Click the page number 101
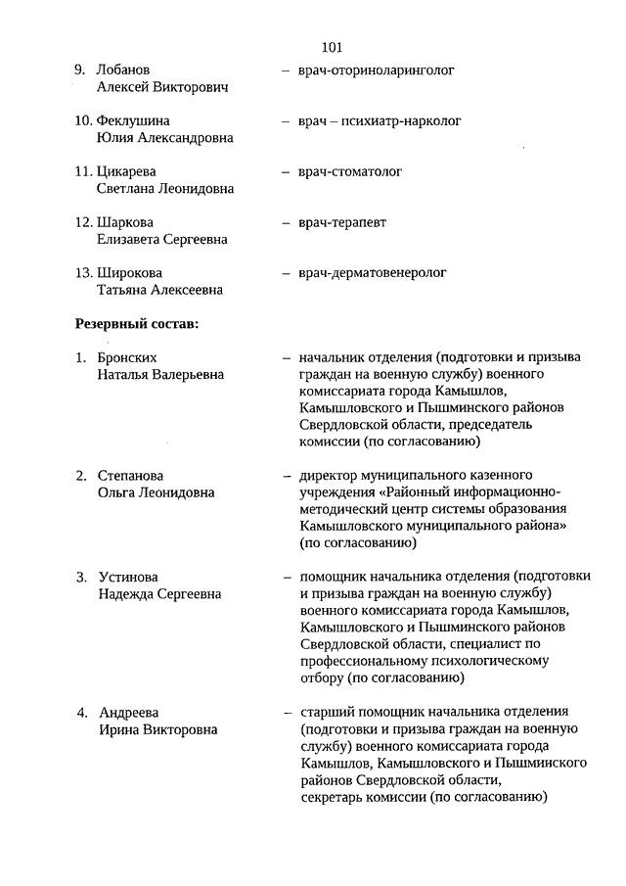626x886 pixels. (331, 46)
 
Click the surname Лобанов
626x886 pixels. (123, 70)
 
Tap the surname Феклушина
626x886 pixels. (134, 121)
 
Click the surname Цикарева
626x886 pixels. (127, 172)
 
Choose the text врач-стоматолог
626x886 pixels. (350, 172)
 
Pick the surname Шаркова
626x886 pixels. (125, 223)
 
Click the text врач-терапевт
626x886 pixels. (342, 223)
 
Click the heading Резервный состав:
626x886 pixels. (137, 324)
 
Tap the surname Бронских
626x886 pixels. (127, 358)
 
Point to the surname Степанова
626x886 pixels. (131, 476)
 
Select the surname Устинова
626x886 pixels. (128, 577)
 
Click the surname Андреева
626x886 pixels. (129, 712)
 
